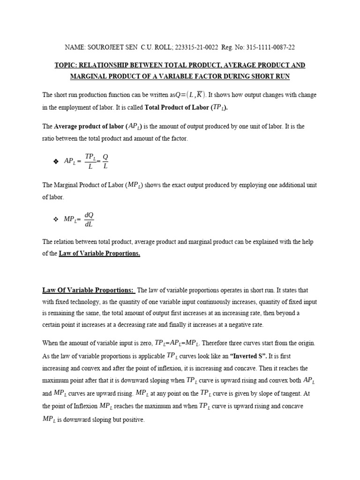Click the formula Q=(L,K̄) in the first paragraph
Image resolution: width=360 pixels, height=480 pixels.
click(189, 95)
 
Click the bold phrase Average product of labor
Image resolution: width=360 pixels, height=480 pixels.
click(89, 127)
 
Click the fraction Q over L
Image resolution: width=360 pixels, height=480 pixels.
click(105, 161)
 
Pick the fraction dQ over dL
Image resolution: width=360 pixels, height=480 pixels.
click(89, 219)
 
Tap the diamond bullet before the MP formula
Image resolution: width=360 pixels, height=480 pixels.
click(56, 219)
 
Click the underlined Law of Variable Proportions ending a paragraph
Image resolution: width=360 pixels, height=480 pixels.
click(99, 254)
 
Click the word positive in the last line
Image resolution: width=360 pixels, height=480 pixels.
click(133, 420)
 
